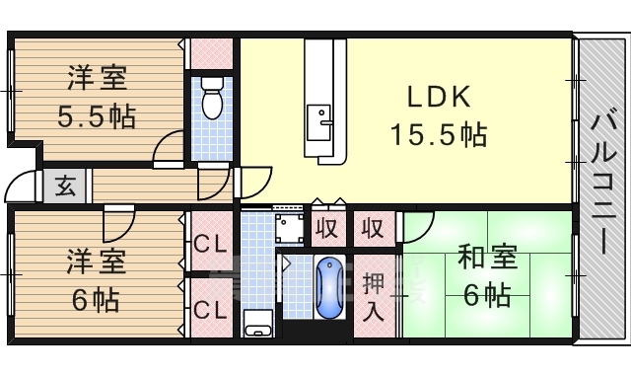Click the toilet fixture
coord(212,98)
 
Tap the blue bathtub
coord(329,288)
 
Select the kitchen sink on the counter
coord(319,122)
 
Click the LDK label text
coord(439,97)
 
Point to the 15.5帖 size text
coord(439,134)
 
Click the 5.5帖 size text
coord(97,116)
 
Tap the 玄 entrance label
coord(65,186)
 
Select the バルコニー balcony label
coord(604,185)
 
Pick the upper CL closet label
coord(211,244)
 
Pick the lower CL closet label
coord(211,310)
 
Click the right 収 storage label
coord(373,229)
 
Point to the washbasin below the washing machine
coord(258,324)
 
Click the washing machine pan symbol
coord(289,228)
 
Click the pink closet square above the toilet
coord(211,53)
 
